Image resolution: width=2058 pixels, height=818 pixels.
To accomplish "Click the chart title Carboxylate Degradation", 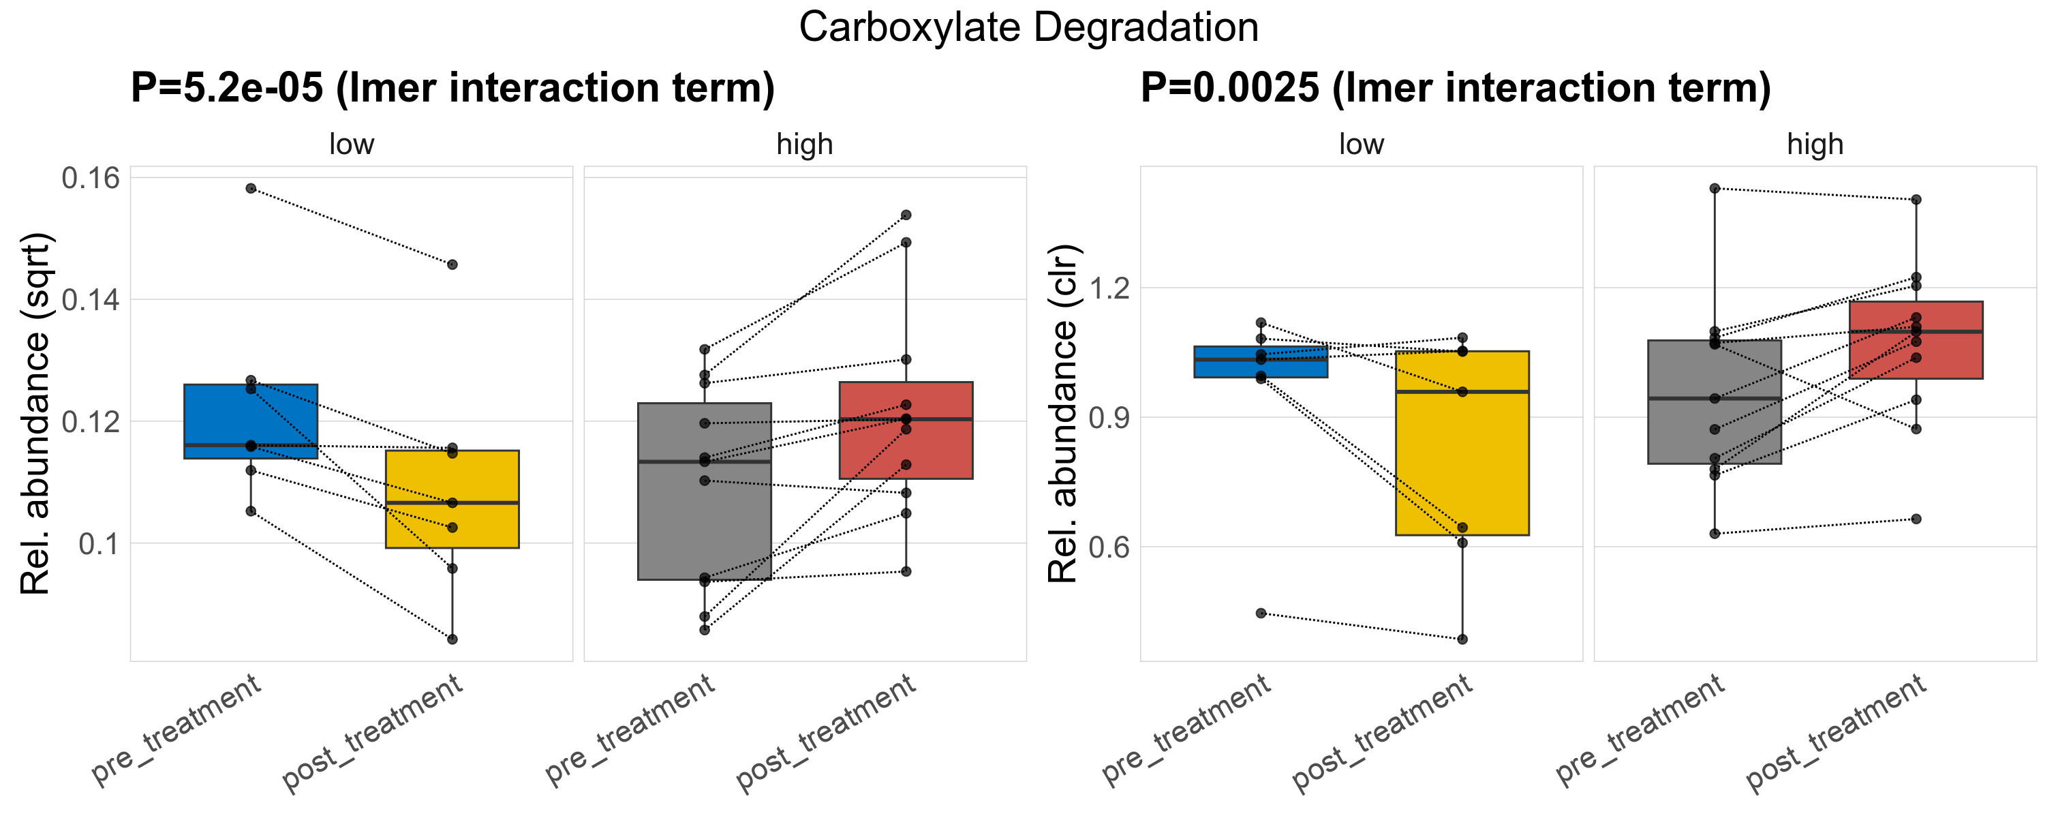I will pos(1028,28).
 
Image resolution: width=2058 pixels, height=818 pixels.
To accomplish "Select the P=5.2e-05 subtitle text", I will pos(452,88).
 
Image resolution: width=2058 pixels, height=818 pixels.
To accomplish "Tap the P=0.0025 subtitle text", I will pos(1455,88).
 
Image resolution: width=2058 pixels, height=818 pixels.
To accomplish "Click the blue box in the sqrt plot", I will pos(251,415).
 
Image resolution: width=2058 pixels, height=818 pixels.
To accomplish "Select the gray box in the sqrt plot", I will pos(704,519).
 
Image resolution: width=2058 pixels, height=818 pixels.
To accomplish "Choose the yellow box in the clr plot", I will pos(1462,464).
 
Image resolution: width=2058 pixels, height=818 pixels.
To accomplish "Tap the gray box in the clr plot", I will pos(1715,431).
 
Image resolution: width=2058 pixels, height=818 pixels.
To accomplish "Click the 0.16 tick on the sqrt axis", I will pos(90,178).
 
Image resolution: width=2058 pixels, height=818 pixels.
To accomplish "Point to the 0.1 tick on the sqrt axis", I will pos(99,544).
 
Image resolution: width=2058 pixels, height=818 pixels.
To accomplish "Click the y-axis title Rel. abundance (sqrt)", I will pos(35,414).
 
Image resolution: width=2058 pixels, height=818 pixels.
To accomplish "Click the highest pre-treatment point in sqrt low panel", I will pos(251,189).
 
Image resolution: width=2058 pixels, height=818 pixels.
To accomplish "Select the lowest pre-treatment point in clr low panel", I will pos(1261,613).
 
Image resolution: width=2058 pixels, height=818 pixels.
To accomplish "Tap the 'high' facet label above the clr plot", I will pos(1815,145).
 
